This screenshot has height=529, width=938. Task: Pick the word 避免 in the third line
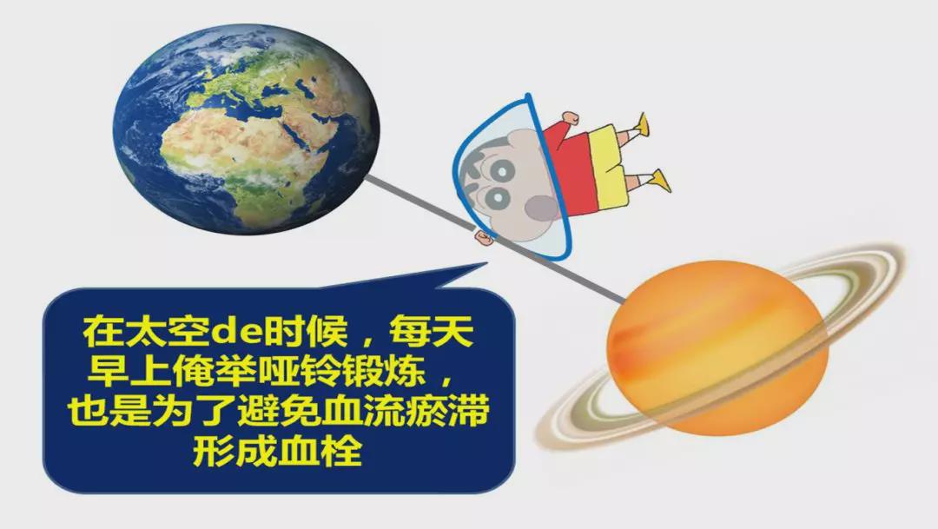278,412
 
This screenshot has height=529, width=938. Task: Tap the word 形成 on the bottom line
235,451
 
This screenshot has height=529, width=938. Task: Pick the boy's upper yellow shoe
643,124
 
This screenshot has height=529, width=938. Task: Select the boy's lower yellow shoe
659,181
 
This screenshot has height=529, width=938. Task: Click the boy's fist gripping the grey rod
484,237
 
